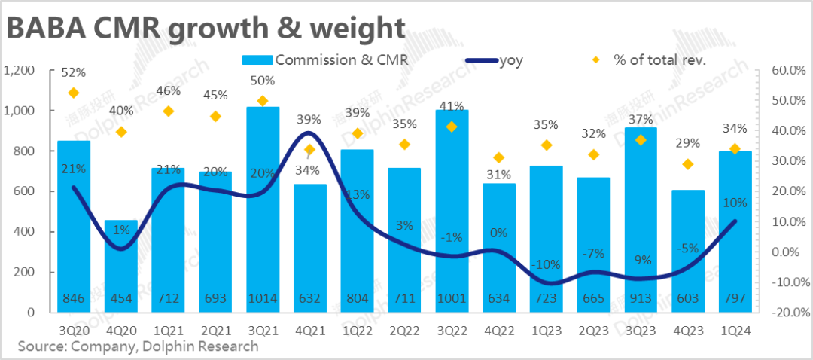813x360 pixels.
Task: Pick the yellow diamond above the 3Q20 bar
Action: (73, 93)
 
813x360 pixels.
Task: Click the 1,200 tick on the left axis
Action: (20, 70)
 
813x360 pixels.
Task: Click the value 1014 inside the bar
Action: (263, 299)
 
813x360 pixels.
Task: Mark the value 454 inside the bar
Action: (120, 299)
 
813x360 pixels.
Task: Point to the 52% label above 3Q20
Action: (73, 72)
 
